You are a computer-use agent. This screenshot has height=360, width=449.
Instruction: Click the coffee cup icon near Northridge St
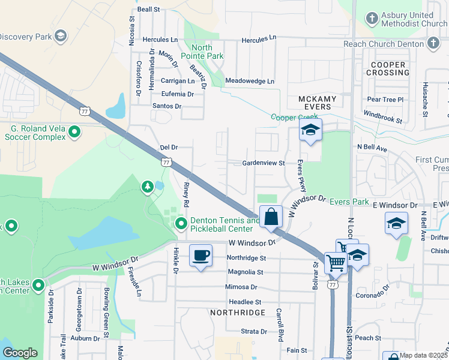tap(201, 256)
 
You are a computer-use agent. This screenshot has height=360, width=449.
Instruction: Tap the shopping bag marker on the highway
tap(271, 217)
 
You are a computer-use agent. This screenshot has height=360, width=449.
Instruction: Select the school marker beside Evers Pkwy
tap(310, 130)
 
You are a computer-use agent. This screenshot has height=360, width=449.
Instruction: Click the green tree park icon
tap(148, 188)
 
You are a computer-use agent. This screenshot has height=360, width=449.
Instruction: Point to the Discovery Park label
tap(25, 37)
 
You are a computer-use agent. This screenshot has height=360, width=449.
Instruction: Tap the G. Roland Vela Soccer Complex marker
tap(74, 131)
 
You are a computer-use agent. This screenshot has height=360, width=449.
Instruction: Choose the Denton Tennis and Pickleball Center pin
tap(181, 224)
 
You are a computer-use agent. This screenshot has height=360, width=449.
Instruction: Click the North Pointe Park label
tap(207, 52)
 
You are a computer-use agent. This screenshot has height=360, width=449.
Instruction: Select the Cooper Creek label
tap(294, 118)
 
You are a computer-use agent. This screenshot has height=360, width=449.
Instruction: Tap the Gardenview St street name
tap(263, 163)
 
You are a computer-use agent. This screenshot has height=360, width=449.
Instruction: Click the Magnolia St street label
tap(246, 272)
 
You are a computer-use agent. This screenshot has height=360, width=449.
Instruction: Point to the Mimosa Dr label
tap(241, 287)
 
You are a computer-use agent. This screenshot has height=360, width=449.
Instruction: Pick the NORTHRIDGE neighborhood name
tap(237, 313)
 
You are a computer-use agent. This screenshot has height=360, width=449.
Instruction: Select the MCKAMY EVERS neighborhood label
tap(315, 102)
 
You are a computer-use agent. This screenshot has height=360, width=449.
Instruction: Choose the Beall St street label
tap(149, 10)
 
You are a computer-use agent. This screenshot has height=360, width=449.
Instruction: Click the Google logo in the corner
tap(20, 353)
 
